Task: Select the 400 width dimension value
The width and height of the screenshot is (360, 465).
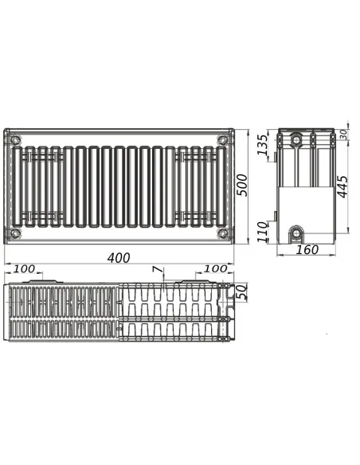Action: (119, 258)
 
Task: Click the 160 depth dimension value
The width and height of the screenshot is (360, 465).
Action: (307, 250)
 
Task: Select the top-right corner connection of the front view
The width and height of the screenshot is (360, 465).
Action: (222, 141)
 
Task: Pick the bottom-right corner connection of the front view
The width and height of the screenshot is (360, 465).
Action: (222, 232)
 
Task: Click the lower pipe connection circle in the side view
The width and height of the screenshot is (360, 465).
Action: (296, 232)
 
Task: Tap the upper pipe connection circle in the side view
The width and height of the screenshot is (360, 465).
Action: (296, 141)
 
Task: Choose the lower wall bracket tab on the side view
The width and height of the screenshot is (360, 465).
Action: (275, 215)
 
